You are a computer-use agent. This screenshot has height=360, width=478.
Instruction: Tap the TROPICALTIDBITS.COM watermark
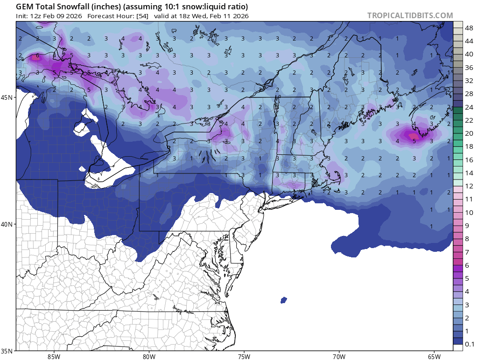pos(410,15)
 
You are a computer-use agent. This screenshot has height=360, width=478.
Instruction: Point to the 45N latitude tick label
pos(8,97)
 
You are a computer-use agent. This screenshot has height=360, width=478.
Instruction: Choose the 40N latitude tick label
pos(8,224)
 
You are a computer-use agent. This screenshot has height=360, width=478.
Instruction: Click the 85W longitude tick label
pos(54,357)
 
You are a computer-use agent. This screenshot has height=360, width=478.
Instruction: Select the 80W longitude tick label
pos(149,357)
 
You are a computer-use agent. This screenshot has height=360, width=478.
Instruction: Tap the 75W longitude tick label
pos(244,357)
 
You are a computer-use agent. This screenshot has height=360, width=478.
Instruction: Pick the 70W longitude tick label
pos(339,357)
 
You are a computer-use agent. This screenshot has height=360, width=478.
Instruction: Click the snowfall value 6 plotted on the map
pos(37,56)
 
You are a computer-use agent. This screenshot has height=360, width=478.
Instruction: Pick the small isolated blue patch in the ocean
pos(283,300)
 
